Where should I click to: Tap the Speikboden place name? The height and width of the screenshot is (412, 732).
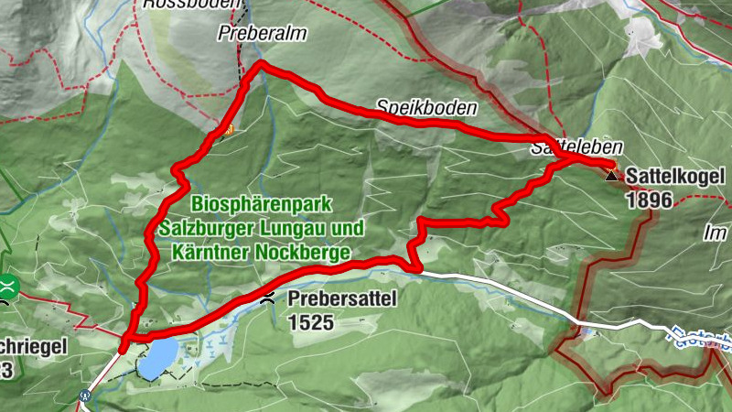pos(426,107)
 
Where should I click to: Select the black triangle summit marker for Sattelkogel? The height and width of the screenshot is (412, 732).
pos(611,171)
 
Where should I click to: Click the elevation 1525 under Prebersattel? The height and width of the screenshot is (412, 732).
pos(310,322)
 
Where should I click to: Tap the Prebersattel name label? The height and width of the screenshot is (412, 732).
pos(335,299)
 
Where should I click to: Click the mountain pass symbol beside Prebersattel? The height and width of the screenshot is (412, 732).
pos(267,298)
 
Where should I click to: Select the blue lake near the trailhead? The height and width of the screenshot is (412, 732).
pos(157,358)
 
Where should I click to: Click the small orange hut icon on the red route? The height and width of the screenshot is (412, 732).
pos(228,129)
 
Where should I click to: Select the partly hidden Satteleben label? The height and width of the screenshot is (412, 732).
pos(576,146)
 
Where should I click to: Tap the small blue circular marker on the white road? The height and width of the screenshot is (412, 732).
pos(85,396)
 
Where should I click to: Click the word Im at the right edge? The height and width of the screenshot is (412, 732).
pos(715,235)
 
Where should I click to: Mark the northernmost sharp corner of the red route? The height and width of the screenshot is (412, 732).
pos(261,63)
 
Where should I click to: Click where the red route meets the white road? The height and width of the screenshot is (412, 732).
pos(417,270)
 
